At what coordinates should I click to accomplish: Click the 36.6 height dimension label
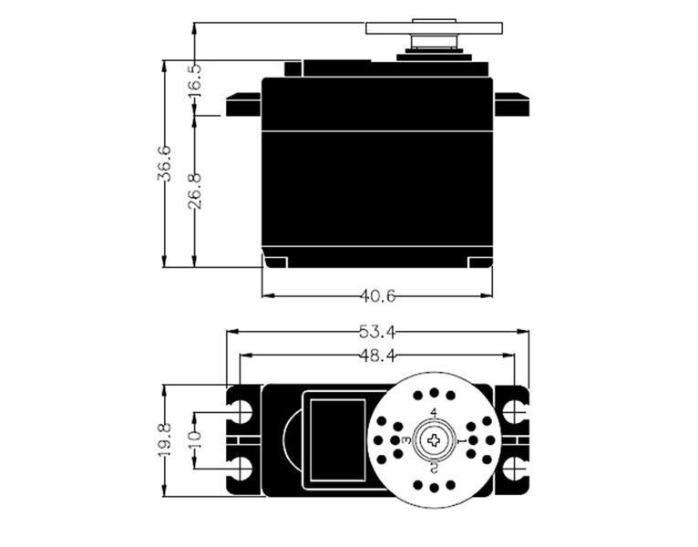pyautogui.click(x=164, y=164)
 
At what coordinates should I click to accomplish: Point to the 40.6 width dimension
pyautogui.click(x=377, y=295)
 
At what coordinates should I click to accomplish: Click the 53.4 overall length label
pyautogui.click(x=377, y=331)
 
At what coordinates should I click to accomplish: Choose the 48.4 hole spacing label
pyautogui.click(x=377, y=356)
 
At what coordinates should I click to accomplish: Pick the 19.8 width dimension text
pyautogui.click(x=164, y=440)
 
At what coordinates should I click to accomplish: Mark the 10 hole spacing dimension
pyautogui.click(x=194, y=440)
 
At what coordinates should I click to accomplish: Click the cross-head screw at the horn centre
pyautogui.click(x=434, y=440)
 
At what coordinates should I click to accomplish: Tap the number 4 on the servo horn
pyautogui.click(x=434, y=414)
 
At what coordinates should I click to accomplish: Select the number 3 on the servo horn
pyautogui.click(x=406, y=440)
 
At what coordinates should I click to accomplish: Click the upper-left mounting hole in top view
pyautogui.click(x=242, y=411)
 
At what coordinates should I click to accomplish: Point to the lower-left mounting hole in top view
pyautogui.click(x=242, y=470)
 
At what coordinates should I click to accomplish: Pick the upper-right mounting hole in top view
pyautogui.click(x=513, y=411)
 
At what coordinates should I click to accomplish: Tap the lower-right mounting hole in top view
pyautogui.click(x=513, y=470)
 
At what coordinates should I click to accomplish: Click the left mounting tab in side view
pyautogui.click(x=243, y=105)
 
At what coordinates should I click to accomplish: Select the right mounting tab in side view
pyautogui.click(x=511, y=105)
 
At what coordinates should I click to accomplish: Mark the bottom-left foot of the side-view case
pyautogui.click(x=276, y=263)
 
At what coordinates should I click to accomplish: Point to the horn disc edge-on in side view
pyautogui.click(x=434, y=26)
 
